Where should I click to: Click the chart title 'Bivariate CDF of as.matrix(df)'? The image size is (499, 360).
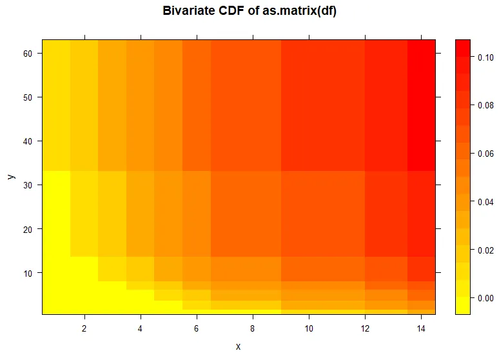click(x=249, y=11)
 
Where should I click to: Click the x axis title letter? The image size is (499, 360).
click(x=238, y=346)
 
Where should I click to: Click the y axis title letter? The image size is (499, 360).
click(x=11, y=175)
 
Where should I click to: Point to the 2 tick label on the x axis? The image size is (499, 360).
click(x=84, y=329)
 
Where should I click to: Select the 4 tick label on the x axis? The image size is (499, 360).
click(x=140, y=329)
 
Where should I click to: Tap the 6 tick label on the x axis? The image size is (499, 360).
click(x=197, y=329)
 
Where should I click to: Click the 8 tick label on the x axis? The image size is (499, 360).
click(x=253, y=329)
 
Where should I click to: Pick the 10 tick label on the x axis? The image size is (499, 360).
click(x=309, y=329)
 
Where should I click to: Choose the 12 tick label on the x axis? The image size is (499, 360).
click(x=365, y=329)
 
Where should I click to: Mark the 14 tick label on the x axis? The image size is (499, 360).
click(x=422, y=329)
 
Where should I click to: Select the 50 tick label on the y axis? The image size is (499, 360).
click(x=29, y=97)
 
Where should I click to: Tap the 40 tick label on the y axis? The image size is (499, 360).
click(x=29, y=141)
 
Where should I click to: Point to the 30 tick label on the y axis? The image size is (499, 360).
click(x=29, y=185)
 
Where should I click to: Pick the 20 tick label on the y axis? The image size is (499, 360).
click(x=29, y=228)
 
